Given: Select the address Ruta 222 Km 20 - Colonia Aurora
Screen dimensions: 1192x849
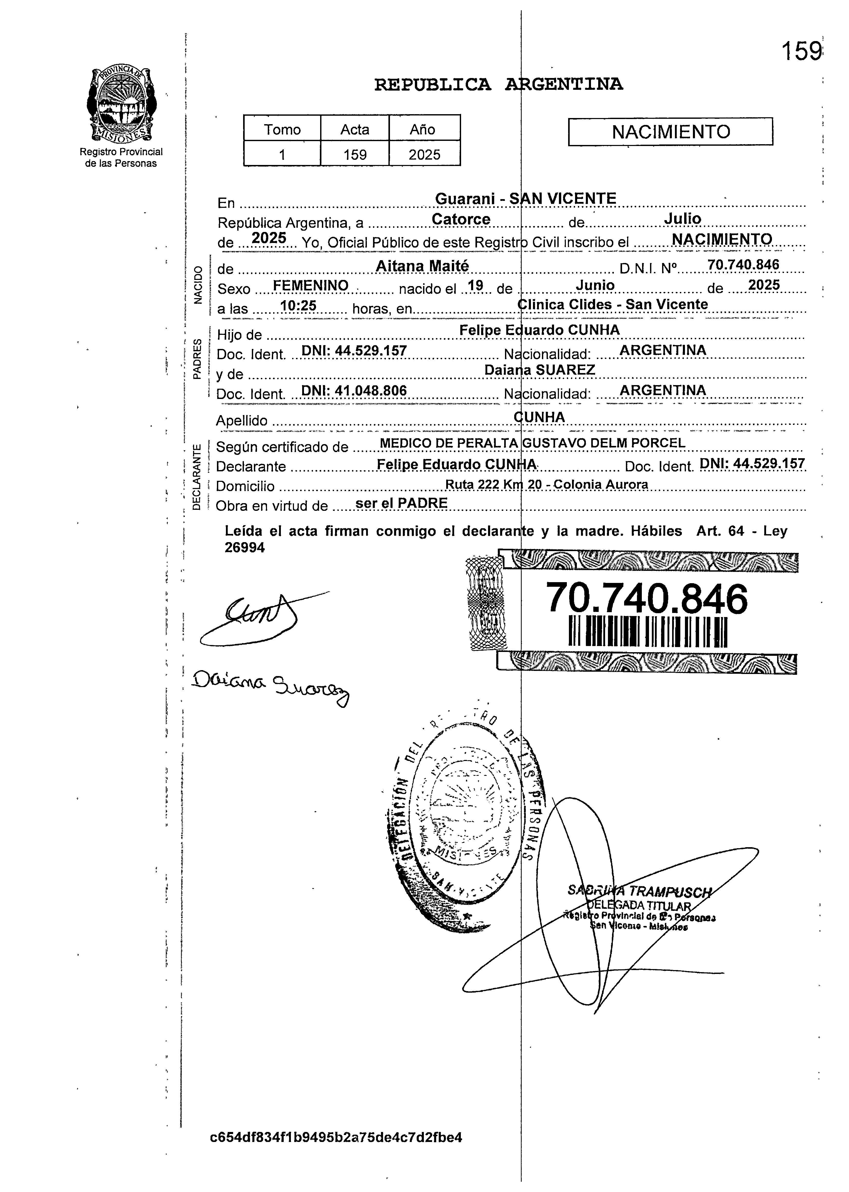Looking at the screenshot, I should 546,484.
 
